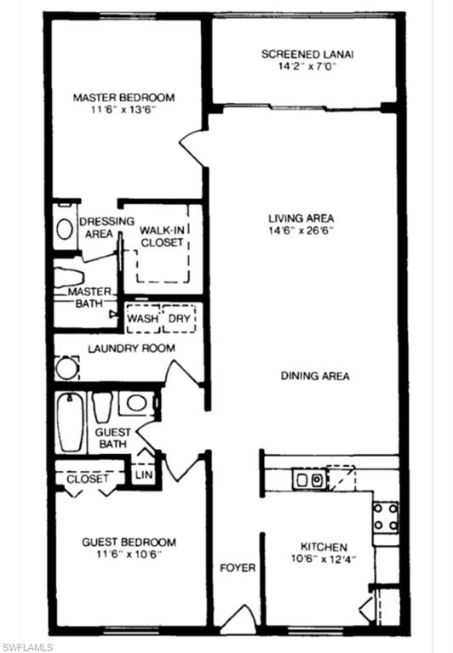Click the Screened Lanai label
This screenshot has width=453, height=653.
click(x=307, y=54)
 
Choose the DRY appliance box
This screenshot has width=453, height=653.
click(x=179, y=319)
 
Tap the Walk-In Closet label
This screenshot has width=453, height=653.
click(x=162, y=236)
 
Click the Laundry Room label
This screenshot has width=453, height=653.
click(x=132, y=349)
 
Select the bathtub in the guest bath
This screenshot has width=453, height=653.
click(x=68, y=423)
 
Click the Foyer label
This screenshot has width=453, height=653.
click(x=238, y=567)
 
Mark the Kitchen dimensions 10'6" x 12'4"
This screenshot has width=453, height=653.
click(x=324, y=560)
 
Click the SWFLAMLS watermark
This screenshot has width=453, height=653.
click(x=28, y=646)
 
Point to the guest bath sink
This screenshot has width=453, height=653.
click(x=135, y=402)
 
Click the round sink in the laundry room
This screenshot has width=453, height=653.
click(x=66, y=369)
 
